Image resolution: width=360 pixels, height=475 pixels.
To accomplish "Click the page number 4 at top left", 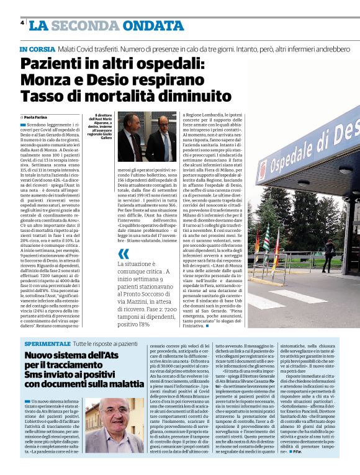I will [22, 23].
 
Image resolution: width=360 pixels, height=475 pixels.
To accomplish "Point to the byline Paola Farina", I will [37, 117].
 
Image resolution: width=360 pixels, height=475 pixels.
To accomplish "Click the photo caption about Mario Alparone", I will [106, 127].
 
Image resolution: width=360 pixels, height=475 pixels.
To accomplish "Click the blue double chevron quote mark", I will [124, 253].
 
